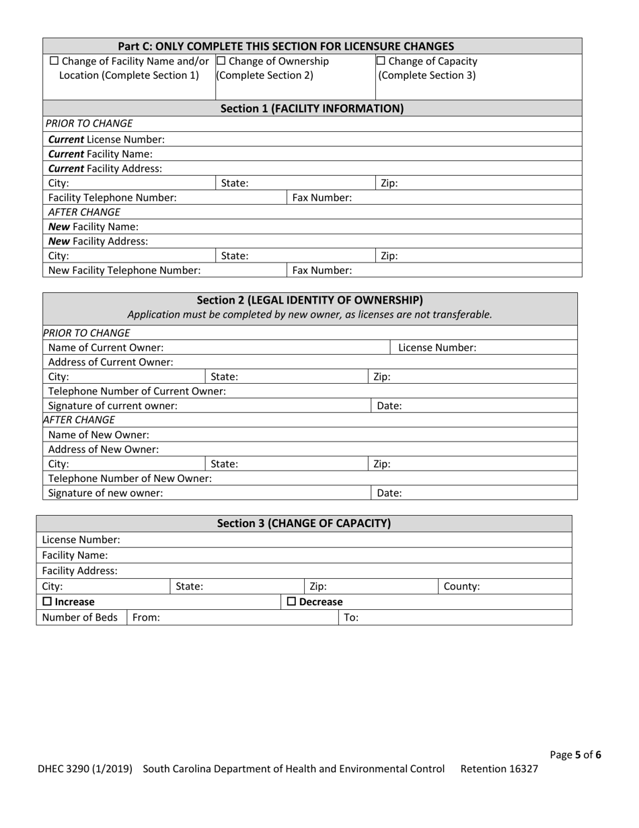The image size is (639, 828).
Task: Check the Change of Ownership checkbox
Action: [x=221, y=62]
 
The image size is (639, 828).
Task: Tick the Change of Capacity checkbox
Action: [x=380, y=62]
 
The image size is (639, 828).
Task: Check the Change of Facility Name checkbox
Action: [x=54, y=62]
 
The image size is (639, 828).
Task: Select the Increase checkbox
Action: [x=47, y=602]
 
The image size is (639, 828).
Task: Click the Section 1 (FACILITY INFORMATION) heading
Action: [x=312, y=108]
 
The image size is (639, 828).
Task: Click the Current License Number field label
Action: [x=106, y=139]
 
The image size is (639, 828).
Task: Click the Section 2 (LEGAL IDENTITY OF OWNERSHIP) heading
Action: [x=309, y=300]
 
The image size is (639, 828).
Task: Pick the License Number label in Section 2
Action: [x=437, y=347]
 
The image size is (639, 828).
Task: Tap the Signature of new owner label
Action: [x=106, y=493]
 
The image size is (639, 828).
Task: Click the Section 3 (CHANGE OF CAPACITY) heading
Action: [x=304, y=523]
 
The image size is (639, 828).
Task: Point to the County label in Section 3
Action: [x=461, y=586]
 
